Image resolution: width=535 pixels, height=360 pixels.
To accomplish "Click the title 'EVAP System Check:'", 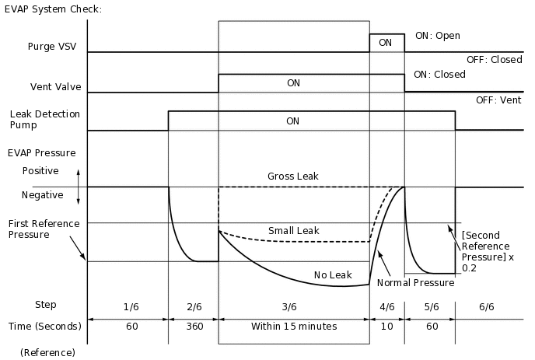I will pyautogui.click(x=53, y=9).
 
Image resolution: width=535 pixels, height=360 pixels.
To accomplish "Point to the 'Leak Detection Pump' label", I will pyautogui.click(x=44, y=119).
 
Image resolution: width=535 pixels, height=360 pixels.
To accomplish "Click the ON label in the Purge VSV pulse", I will pyautogui.click(x=385, y=43).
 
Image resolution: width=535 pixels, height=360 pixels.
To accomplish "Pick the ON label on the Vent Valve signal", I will pyautogui.click(x=293, y=82).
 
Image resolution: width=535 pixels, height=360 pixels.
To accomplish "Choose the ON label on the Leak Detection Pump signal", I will pyautogui.click(x=293, y=121).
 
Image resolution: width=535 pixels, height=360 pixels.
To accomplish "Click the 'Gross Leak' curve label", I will pyautogui.click(x=292, y=177).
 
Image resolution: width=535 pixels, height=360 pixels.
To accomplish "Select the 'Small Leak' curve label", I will pyautogui.click(x=294, y=231).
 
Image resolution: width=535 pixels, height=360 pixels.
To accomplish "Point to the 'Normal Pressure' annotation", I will pyautogui.click(x=415, y=283).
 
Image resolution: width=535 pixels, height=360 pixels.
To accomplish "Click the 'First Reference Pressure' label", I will pyautogui.click(x=44, y=229).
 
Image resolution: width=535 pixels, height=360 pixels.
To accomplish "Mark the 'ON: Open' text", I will pyautogui.click(x=438, y=35).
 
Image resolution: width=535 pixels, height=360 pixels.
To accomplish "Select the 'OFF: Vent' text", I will pyautogui.click(x=499, y=100).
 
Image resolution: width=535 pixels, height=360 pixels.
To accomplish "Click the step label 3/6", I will pyautogui.click(x=293, y=306).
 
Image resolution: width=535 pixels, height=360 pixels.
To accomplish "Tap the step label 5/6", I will pyautogui.click(x=432, y=306).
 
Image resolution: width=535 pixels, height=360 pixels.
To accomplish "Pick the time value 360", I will pyautogui.click(x=194, y=327).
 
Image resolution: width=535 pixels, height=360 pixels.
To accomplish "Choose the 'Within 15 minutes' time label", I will pyautogui.click(x=294, y=327).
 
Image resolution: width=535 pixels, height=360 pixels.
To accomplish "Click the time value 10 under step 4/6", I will pyautogui.click(x=387, y=327).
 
